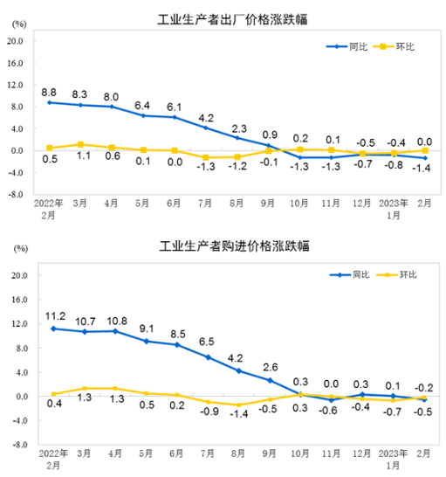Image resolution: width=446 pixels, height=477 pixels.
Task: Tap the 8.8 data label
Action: [x=50, y=91]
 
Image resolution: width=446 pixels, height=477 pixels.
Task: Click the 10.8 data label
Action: [x=114, y=320]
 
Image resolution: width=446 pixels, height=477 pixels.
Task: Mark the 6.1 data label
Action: [x=175, y=106]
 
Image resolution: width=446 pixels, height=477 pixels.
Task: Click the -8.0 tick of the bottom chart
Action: [x=15, y=445]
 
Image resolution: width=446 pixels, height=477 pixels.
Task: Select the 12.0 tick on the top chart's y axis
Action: [x=15, y=85]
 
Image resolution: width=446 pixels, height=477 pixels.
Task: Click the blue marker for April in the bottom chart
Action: [x=114, y=331]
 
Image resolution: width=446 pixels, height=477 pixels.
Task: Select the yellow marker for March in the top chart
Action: [x=80, y=144]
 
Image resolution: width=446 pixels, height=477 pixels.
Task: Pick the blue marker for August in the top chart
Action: [x=237, y=138]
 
